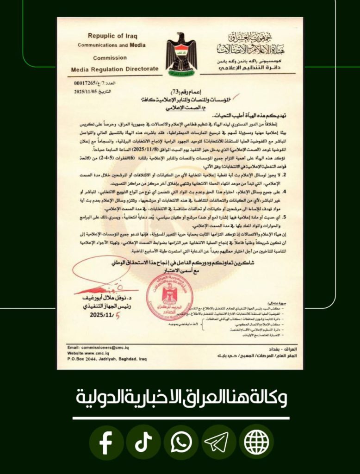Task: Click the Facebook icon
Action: point(106,443)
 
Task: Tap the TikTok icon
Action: point(143,443)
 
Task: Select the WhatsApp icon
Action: point(181,443)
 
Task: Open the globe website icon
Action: point(256,443)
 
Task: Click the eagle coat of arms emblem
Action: point(181,52)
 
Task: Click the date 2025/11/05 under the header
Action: point(87,92)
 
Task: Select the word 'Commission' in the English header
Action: point(110,58)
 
